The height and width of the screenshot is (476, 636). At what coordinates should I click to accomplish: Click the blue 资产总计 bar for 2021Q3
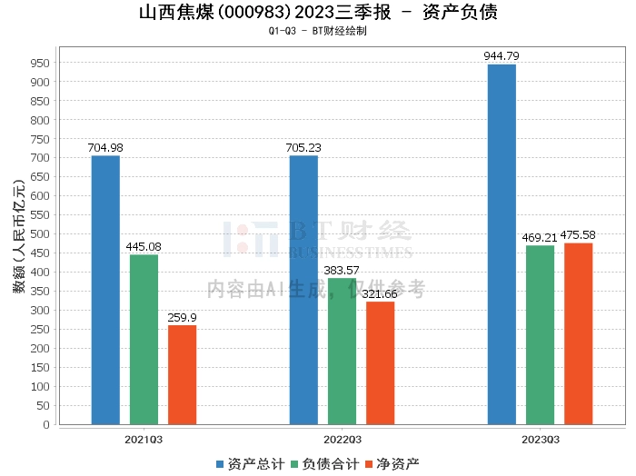coord(105,291)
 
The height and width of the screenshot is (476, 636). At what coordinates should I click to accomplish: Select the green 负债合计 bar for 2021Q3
coord(144,340)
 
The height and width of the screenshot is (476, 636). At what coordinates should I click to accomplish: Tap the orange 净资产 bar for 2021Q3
coord(182,375)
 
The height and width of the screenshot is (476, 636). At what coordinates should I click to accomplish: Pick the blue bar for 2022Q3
coord(303,291)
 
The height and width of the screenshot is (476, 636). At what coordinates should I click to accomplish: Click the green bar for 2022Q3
coord(342,352)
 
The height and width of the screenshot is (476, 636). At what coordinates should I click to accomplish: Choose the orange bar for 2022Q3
coord(380,363)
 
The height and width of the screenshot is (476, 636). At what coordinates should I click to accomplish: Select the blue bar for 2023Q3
coord(502,244)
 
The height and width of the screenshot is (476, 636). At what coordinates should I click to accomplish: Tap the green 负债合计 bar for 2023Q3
coord(540,335)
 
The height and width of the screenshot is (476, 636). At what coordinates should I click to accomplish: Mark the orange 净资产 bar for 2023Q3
coord(579,334)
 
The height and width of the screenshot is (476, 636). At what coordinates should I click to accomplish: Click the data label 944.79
coord(502,56)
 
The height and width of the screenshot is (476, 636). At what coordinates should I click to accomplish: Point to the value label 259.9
coord(182,317)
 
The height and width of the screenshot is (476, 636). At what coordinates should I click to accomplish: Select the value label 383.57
coord(342,270)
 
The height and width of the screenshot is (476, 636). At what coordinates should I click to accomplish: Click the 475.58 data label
coord(578,235)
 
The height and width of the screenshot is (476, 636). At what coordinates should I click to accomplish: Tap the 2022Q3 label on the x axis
coord(342,440)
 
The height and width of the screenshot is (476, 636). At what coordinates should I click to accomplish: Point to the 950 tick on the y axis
coord(40,64)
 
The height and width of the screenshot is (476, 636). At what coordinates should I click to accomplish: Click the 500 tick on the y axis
coord(40,234)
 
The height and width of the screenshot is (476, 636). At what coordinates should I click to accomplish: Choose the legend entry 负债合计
coord(325,464)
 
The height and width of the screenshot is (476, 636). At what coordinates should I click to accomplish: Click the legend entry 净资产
coord(393,464)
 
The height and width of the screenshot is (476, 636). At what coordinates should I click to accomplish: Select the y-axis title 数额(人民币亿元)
coord(19,236)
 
